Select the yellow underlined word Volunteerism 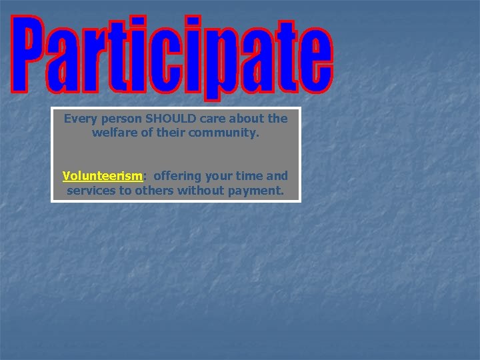click(x=102, y=177)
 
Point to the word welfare click(x=114, y=133)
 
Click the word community click(x=223, y=133)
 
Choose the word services click(x=90, y=191)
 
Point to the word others click(x=151, y=191)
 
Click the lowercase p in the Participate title click(x=220, y=67)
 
